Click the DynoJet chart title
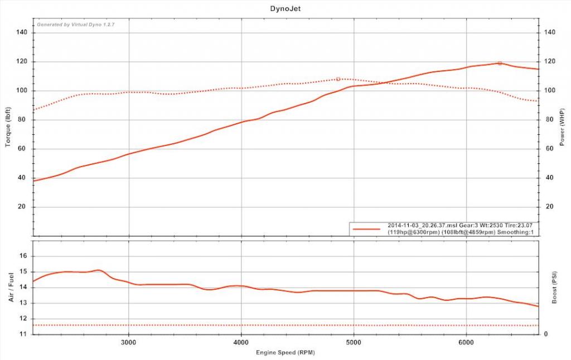coord(285,9)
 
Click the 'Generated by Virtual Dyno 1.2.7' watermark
coord(75,25)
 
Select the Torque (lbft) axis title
coord(8,127)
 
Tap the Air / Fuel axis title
coord(11,288)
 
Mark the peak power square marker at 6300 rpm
coord(500,63)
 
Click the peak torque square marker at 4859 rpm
coord(338,79)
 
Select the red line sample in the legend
coord(367,228)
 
